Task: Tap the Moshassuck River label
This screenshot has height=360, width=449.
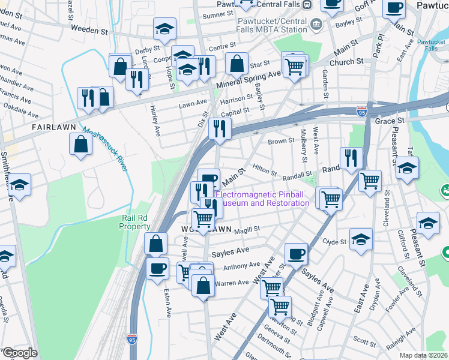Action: coord(106,150)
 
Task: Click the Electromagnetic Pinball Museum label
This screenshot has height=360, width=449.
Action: coord(262,199)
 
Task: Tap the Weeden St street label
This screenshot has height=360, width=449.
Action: coord(92,28)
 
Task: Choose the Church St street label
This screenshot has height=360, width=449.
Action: coord(346,61)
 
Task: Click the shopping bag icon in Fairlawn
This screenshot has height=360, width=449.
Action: coord(80,144)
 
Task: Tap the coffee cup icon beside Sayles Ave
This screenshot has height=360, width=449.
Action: coord(296,253)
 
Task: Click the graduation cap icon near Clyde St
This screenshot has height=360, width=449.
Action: coord(361,238)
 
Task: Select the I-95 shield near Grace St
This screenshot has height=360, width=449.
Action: coord(361,112)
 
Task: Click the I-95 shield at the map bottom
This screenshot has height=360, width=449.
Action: coord(131,340)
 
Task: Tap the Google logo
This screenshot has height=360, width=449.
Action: coord(19,353)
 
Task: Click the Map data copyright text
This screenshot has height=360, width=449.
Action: coord(424,355)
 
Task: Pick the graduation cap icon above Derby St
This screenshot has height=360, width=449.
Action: coord(164,28)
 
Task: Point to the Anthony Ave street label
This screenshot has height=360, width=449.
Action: coord(242,265)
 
